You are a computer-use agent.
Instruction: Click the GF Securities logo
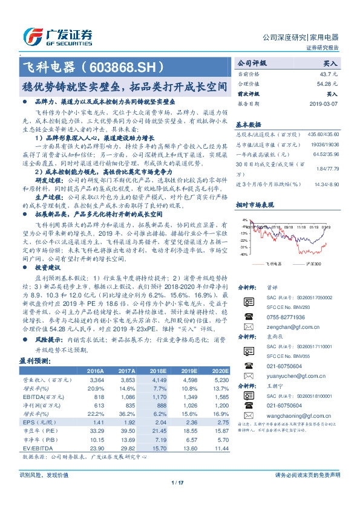click(57, 36)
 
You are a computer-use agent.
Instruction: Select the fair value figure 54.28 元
click(327, 83)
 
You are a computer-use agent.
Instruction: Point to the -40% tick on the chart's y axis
click(243, 254)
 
